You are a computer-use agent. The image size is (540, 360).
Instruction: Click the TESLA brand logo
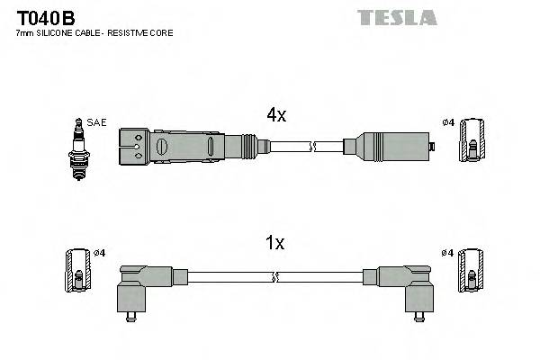pos(397,17)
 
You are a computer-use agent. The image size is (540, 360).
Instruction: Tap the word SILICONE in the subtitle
pos(56,33)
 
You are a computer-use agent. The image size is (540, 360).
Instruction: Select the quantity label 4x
pos(276,114)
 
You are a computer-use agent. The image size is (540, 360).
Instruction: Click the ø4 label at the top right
pos(448,123)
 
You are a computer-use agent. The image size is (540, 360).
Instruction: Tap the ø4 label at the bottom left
pos(100,253)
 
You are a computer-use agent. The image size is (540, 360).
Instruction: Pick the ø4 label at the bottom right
pos(448,253)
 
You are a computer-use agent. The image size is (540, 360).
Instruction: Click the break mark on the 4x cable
pos(313,146)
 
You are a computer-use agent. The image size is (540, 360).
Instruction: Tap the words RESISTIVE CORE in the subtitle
pos(144,33)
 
